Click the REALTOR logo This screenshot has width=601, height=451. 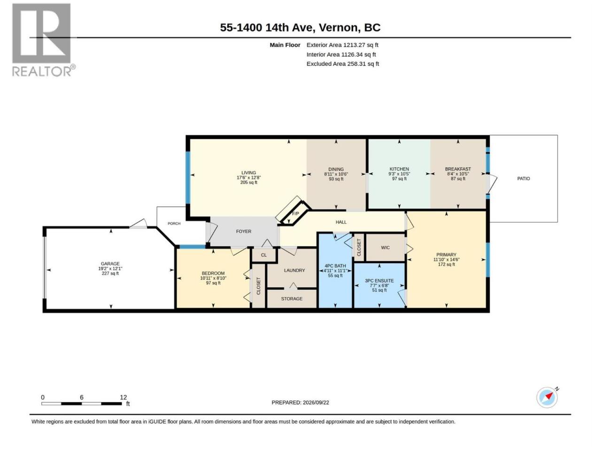pos(43,40)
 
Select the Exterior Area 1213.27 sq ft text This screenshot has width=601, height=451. pos(342,45)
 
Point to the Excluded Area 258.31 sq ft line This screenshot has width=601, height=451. pos(343,64)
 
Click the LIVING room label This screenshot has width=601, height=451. pos(248,173)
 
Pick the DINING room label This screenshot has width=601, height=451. pos(336,169)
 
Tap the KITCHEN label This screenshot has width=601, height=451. pos(399,169)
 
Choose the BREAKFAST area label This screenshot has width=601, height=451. pos(458,169)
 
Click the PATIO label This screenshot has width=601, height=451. pos(523,179)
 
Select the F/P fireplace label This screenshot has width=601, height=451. pos(295,214)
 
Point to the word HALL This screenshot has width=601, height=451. pos(341,222)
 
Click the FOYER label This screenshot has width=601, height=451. pos(243,232)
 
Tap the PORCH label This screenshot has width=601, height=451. pos(174,224)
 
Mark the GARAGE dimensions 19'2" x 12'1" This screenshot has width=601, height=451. pos(110,269)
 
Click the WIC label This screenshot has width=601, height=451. pos(385,248)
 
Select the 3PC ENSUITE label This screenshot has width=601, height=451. pos(379,280)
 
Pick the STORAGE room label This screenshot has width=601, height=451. pos(292,299)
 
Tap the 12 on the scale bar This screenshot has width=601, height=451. pos(123,397)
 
